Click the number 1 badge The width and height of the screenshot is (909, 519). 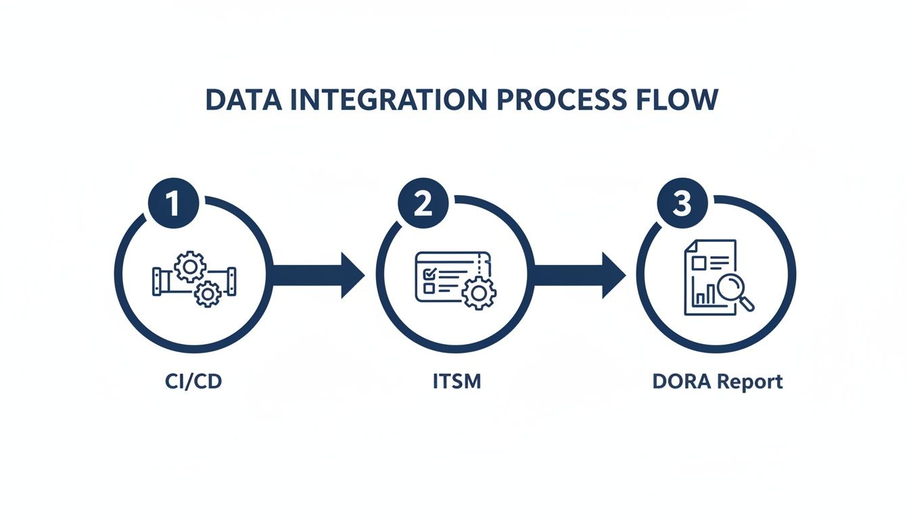(x=173, y=202)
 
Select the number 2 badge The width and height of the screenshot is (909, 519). (x=423, y=202)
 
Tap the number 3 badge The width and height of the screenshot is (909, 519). (x=682, y=202)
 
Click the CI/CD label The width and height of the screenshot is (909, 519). (x=193, y=381)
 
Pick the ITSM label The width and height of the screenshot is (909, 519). (x=457, y=381)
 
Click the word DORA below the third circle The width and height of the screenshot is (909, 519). (x=682, y=381)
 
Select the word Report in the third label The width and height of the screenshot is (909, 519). (x=749, y=381)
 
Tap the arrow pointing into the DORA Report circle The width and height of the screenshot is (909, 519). (x=579, y=275)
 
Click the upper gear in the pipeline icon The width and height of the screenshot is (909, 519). (x=190, y=267)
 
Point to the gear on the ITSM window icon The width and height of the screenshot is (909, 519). (x=479, y=292)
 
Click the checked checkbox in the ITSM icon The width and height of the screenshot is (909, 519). (x=427, y=274)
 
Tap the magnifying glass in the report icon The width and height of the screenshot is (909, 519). (x=732, y=291)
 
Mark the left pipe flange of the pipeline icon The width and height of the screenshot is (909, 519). (x=158, y=280)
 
